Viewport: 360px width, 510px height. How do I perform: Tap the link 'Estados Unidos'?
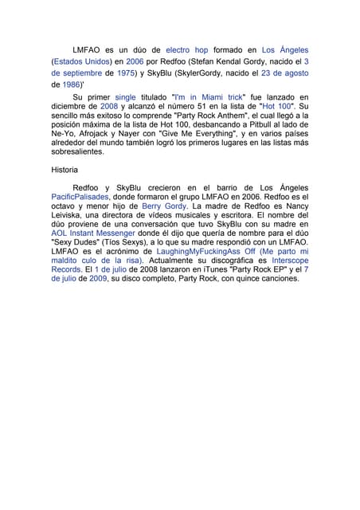click(81, 61)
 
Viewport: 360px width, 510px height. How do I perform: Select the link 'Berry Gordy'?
click(164, 206)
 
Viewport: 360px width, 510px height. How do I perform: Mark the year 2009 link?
click(98, 279)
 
